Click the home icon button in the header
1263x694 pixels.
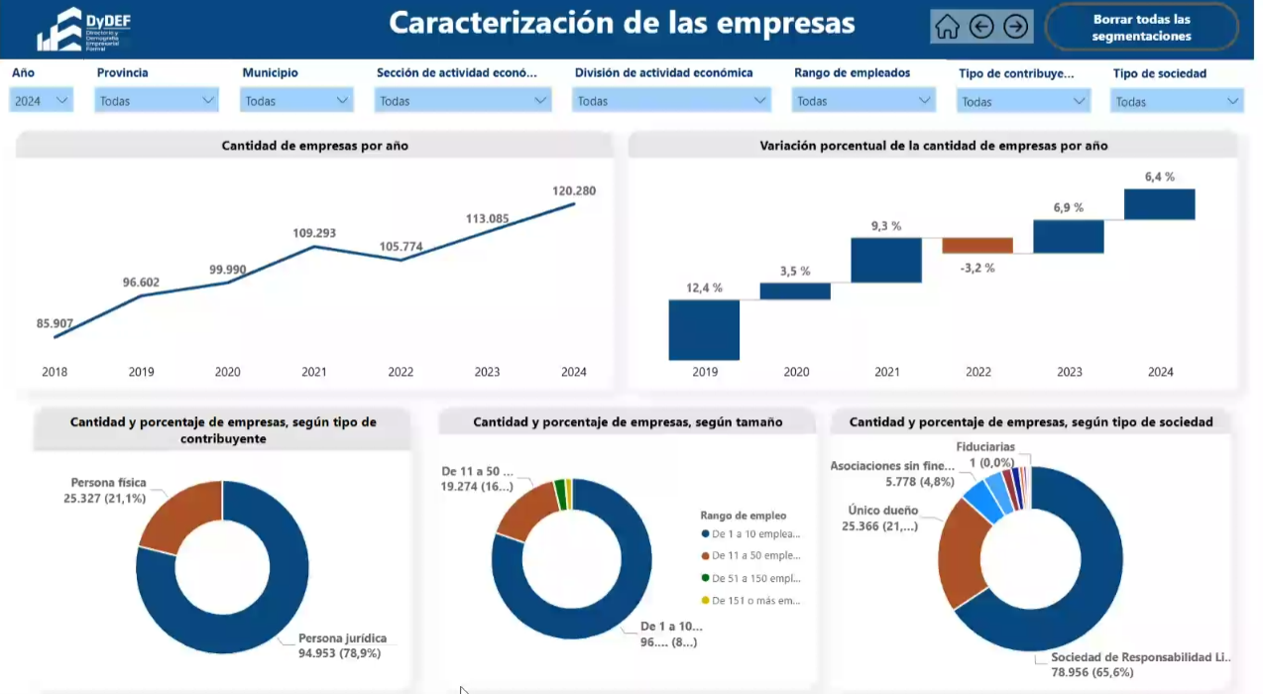948,27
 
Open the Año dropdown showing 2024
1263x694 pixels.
42,100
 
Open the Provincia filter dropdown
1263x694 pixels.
157,100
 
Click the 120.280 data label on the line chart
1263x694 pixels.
574,190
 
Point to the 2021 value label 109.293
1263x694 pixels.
314,233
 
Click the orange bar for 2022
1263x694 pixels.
977,246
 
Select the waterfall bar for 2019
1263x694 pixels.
704,329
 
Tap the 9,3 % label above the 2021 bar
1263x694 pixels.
886,226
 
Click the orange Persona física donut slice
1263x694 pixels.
183,514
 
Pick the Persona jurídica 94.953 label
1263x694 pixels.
342,645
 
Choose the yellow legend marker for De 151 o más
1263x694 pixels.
705,600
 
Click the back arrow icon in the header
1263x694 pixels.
981,27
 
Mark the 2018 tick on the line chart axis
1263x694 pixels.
55,372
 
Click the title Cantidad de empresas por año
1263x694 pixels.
314,146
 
